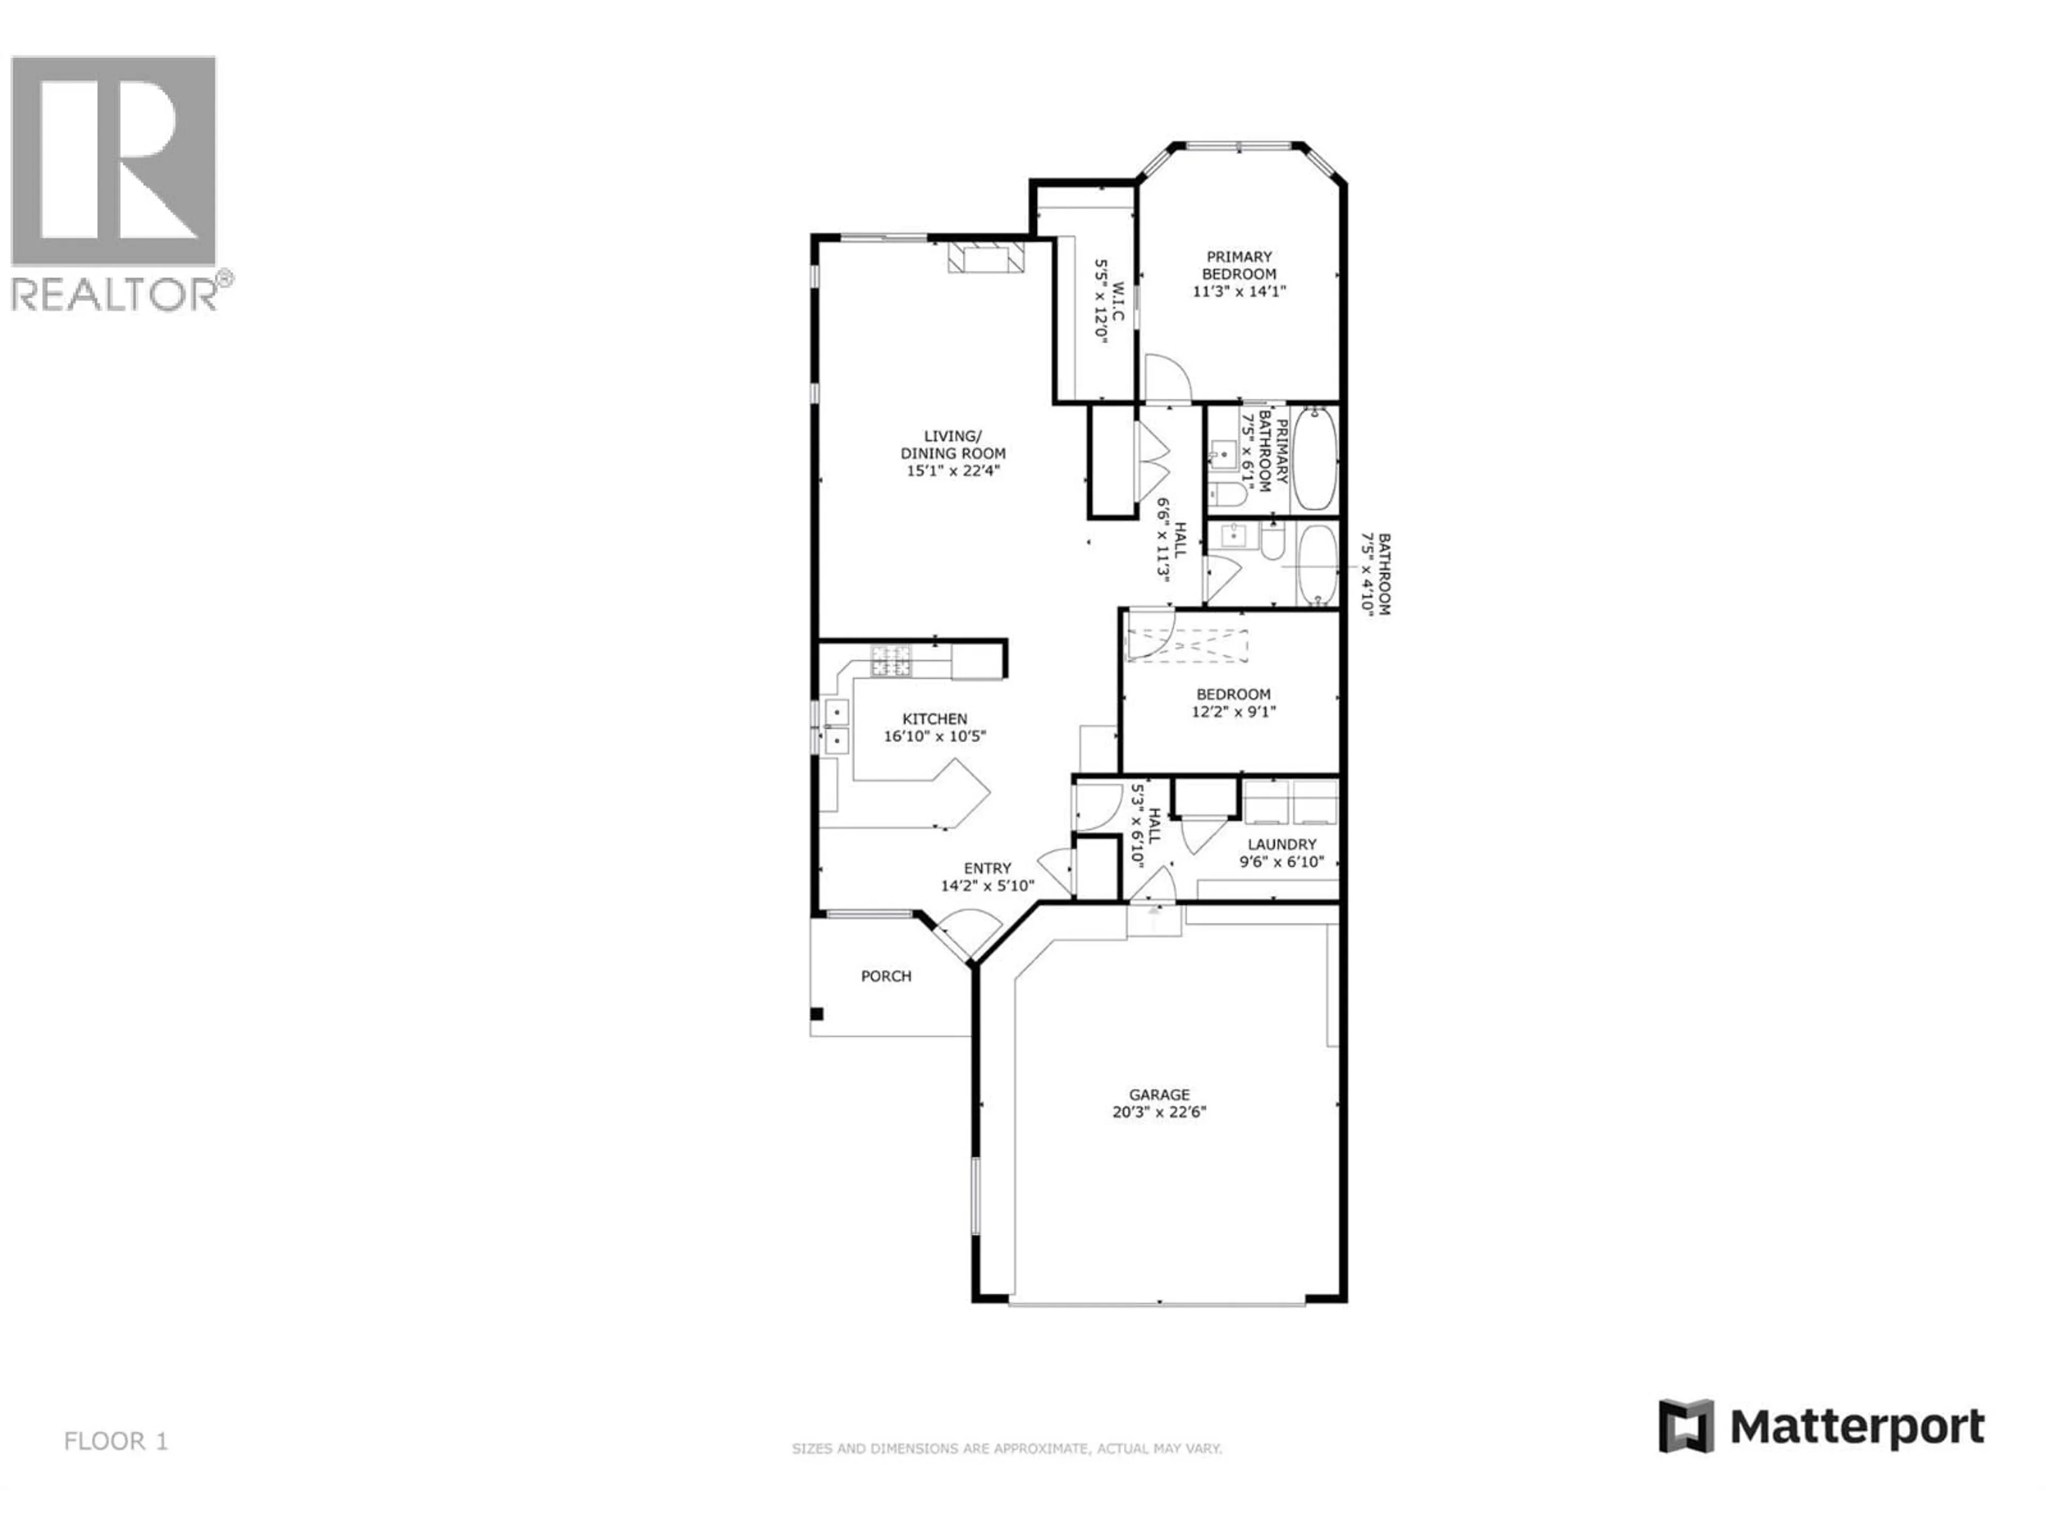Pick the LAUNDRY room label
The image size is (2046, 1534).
[x=1281, y=844]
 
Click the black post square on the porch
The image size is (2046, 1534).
[x=817, y=1014]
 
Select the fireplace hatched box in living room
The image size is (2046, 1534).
[x=986, y=258]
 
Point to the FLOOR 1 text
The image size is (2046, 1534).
[x=116, y=1441]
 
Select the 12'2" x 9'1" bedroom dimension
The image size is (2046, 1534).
[x=1233, y=712]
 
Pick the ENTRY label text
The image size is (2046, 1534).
[x=987, y=868]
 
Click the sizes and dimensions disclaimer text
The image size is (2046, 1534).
[x=1006, y=1449]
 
